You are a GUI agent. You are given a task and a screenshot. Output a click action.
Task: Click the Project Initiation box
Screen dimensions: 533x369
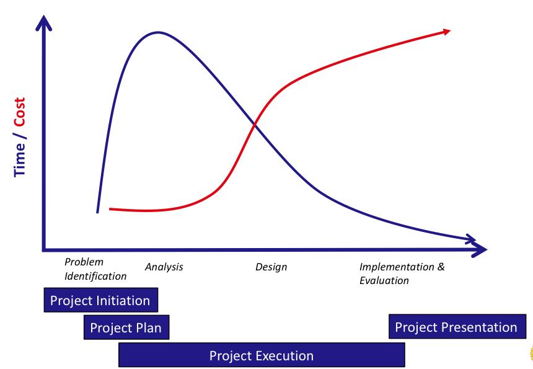click(101, 300)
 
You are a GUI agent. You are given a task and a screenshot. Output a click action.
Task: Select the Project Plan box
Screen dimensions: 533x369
click(126, 327)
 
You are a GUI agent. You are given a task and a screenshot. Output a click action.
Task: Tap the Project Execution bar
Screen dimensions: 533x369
click(262, 355)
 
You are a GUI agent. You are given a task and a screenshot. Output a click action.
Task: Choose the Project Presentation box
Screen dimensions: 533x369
click(457, 326)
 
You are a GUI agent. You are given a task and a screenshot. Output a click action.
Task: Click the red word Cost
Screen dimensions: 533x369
click(20, 112)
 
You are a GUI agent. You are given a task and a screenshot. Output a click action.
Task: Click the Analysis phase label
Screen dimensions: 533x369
click(164, 267)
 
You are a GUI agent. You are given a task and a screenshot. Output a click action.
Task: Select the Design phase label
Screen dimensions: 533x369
click(271, 267)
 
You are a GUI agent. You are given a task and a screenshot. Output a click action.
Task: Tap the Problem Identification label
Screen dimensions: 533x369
click(95, 269)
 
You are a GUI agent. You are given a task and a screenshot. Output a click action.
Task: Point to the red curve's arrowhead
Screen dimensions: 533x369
click(446, 32)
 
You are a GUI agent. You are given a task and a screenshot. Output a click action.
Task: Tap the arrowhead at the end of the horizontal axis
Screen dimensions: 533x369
click(479, 249)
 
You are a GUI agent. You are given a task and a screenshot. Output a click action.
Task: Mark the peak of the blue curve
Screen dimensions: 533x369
click(158, 33)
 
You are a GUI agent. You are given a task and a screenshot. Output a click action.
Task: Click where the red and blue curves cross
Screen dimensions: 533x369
click(255, 125)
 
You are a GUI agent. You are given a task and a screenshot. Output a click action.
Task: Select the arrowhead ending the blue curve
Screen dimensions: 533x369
click(472, 239)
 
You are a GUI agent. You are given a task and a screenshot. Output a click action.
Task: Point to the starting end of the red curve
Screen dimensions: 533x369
click(110, 209)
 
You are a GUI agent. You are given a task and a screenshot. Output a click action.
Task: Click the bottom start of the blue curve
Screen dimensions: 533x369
click(97, 212)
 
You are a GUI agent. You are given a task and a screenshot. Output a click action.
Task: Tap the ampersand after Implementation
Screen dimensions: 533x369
click(441, 267)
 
